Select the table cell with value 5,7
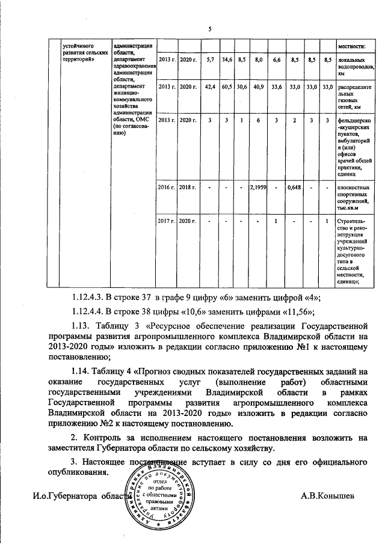[x=210, y=61]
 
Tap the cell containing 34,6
[x=227, y=61]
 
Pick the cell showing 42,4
[x=210, y=87]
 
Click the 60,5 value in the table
[x=227, y=87]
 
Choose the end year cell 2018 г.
[x=188, y=188]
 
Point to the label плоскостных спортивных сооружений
[x=356, y=198]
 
